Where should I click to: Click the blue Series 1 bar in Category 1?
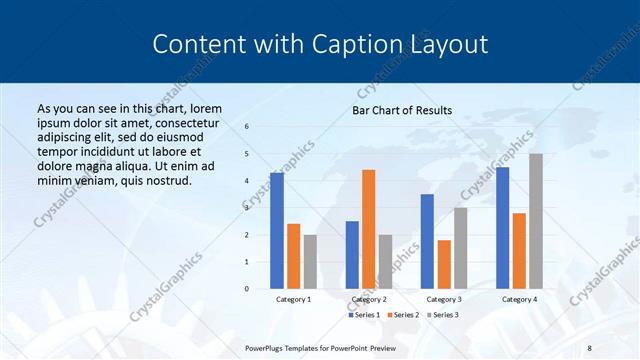(277, 231)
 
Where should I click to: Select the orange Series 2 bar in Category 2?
(368, 229)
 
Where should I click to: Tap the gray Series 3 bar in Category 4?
(536, 221)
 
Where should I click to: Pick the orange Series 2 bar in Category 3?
(444, 264)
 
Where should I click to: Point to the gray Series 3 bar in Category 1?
(310, 262)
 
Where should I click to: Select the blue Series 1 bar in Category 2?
(352, 255)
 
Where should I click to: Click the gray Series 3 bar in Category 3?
(460, 248)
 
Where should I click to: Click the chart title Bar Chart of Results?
(402, 110)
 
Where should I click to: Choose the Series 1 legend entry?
(363, 315)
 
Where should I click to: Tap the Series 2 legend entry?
(402, 315)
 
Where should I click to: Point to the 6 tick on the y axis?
(247, 126)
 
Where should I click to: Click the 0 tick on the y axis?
(247, 289)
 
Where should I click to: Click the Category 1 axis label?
(293, 299)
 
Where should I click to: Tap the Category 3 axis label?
(444, 299)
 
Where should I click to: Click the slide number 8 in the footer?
(588, 346)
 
